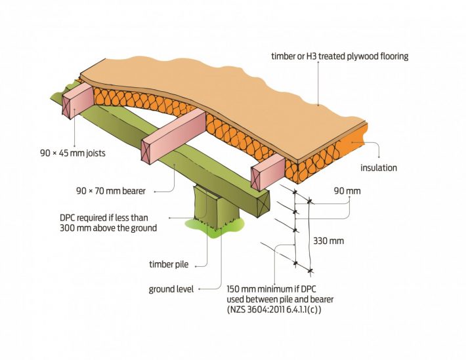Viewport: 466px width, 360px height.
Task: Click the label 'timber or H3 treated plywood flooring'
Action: click(339, 56)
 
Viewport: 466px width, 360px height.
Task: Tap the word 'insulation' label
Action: click(379, 168)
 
